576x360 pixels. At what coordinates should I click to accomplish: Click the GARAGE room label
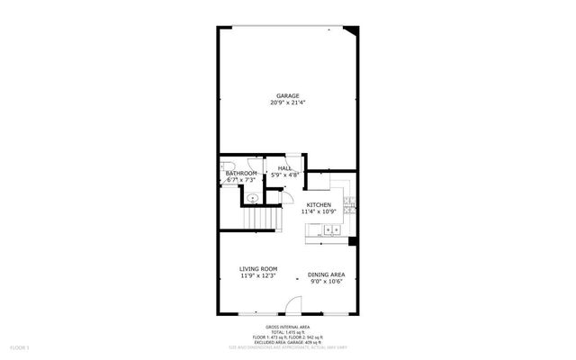click(288, 95)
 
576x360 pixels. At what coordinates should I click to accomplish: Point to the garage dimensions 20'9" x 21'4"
click(288, 103)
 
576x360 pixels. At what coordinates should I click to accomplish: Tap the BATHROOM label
click(241, 173)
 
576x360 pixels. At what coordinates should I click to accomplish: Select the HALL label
click(284, 168)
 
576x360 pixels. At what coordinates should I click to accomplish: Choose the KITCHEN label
click(319, 204)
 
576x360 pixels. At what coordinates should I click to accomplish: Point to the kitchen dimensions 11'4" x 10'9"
click(319, 211)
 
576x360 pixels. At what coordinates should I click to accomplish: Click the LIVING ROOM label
click(257, 269)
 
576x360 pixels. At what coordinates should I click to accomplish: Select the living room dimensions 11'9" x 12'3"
click(257, 276)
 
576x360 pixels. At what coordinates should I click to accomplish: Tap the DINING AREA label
click(327, 274)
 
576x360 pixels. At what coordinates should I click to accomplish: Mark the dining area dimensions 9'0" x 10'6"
click(327, 282)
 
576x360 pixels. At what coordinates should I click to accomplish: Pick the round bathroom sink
click(253, 196)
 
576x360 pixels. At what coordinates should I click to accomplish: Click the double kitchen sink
click(330, 230)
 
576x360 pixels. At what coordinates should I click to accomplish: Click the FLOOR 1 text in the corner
click(19, 347)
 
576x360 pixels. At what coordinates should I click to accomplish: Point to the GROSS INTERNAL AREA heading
click(288, 326)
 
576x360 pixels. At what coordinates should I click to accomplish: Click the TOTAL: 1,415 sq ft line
click(288, 331)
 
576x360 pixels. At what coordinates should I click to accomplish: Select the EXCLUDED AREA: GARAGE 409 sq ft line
click(288, 342)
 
